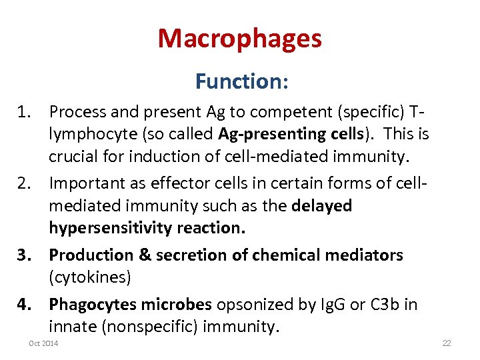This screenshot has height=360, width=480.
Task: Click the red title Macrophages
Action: [240, 39]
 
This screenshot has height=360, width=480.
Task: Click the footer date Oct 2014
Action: [43, 343]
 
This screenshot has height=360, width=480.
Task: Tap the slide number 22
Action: [447, 343]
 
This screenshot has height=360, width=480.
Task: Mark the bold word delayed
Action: [322, 206]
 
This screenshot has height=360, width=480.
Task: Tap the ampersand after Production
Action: [145, 255]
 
